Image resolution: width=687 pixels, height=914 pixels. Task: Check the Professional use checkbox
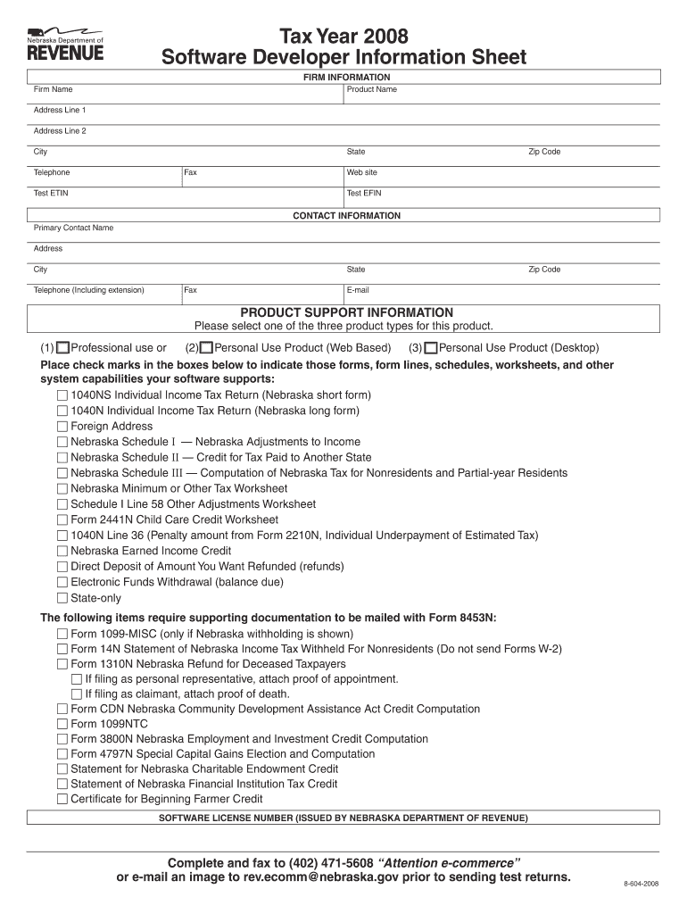point(62,348)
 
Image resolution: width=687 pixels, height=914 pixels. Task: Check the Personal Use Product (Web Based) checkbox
point(206,348)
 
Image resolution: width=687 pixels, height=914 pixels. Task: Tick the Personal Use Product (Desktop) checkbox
point(431,348)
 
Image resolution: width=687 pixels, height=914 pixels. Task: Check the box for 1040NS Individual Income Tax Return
point(62,395)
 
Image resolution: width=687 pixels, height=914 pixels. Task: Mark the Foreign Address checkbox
point(62,427)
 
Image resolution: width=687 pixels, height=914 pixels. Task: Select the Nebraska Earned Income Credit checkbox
point(62,552)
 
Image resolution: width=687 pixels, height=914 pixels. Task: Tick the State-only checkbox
point(62,598)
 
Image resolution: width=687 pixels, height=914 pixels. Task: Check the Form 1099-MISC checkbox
point(62,635)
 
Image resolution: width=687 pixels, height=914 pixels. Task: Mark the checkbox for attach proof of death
point(77,694)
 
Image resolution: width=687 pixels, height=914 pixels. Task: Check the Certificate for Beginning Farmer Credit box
point(62,799)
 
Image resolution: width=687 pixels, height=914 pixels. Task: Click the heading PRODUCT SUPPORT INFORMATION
point(347,312)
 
